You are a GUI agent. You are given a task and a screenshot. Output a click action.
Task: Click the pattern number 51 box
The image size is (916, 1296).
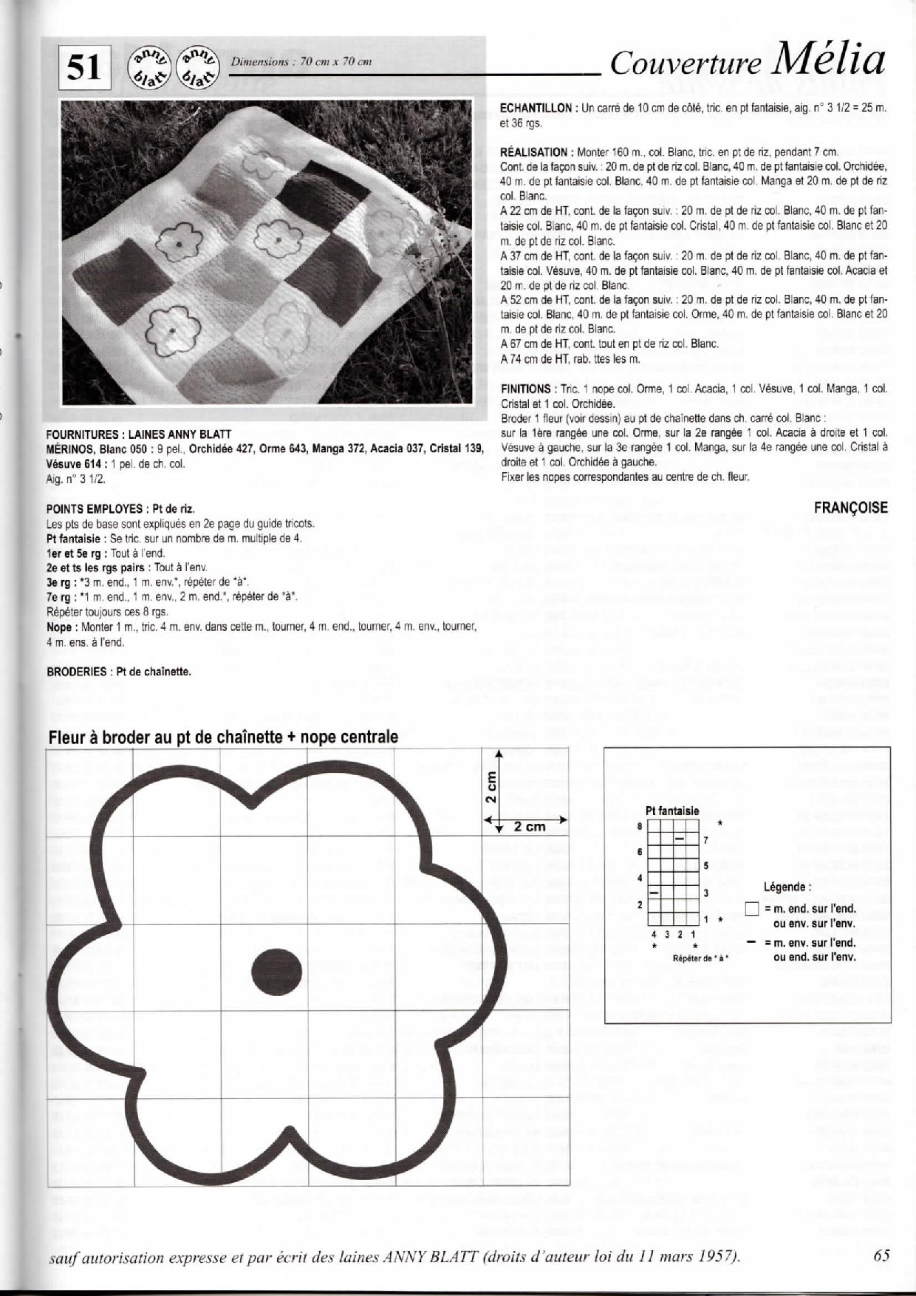point(84,68)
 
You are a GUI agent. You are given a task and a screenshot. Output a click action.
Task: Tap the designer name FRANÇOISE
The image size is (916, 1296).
point(850,508)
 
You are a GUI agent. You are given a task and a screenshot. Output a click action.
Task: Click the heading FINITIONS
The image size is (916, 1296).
point(525,389)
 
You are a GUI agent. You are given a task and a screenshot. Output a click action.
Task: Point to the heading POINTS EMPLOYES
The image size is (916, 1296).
point(94,509)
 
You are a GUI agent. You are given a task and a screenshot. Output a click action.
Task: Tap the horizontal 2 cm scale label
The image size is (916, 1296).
point(530,827)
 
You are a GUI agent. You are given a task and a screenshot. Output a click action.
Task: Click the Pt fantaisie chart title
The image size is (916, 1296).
point(672,811)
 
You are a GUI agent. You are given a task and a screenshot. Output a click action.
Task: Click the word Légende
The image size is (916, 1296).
point(787,887)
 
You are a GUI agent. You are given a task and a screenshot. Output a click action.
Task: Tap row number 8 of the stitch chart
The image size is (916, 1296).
point(640,827)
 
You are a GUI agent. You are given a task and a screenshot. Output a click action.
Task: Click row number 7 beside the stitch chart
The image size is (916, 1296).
point(706,840)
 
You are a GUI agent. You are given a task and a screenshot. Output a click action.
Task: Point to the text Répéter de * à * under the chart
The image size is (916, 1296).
point(700,958)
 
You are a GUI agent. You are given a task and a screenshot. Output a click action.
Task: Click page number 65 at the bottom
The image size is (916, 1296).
point(881,1255)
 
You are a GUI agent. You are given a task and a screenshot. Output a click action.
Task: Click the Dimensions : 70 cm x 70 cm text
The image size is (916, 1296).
point(301,62)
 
